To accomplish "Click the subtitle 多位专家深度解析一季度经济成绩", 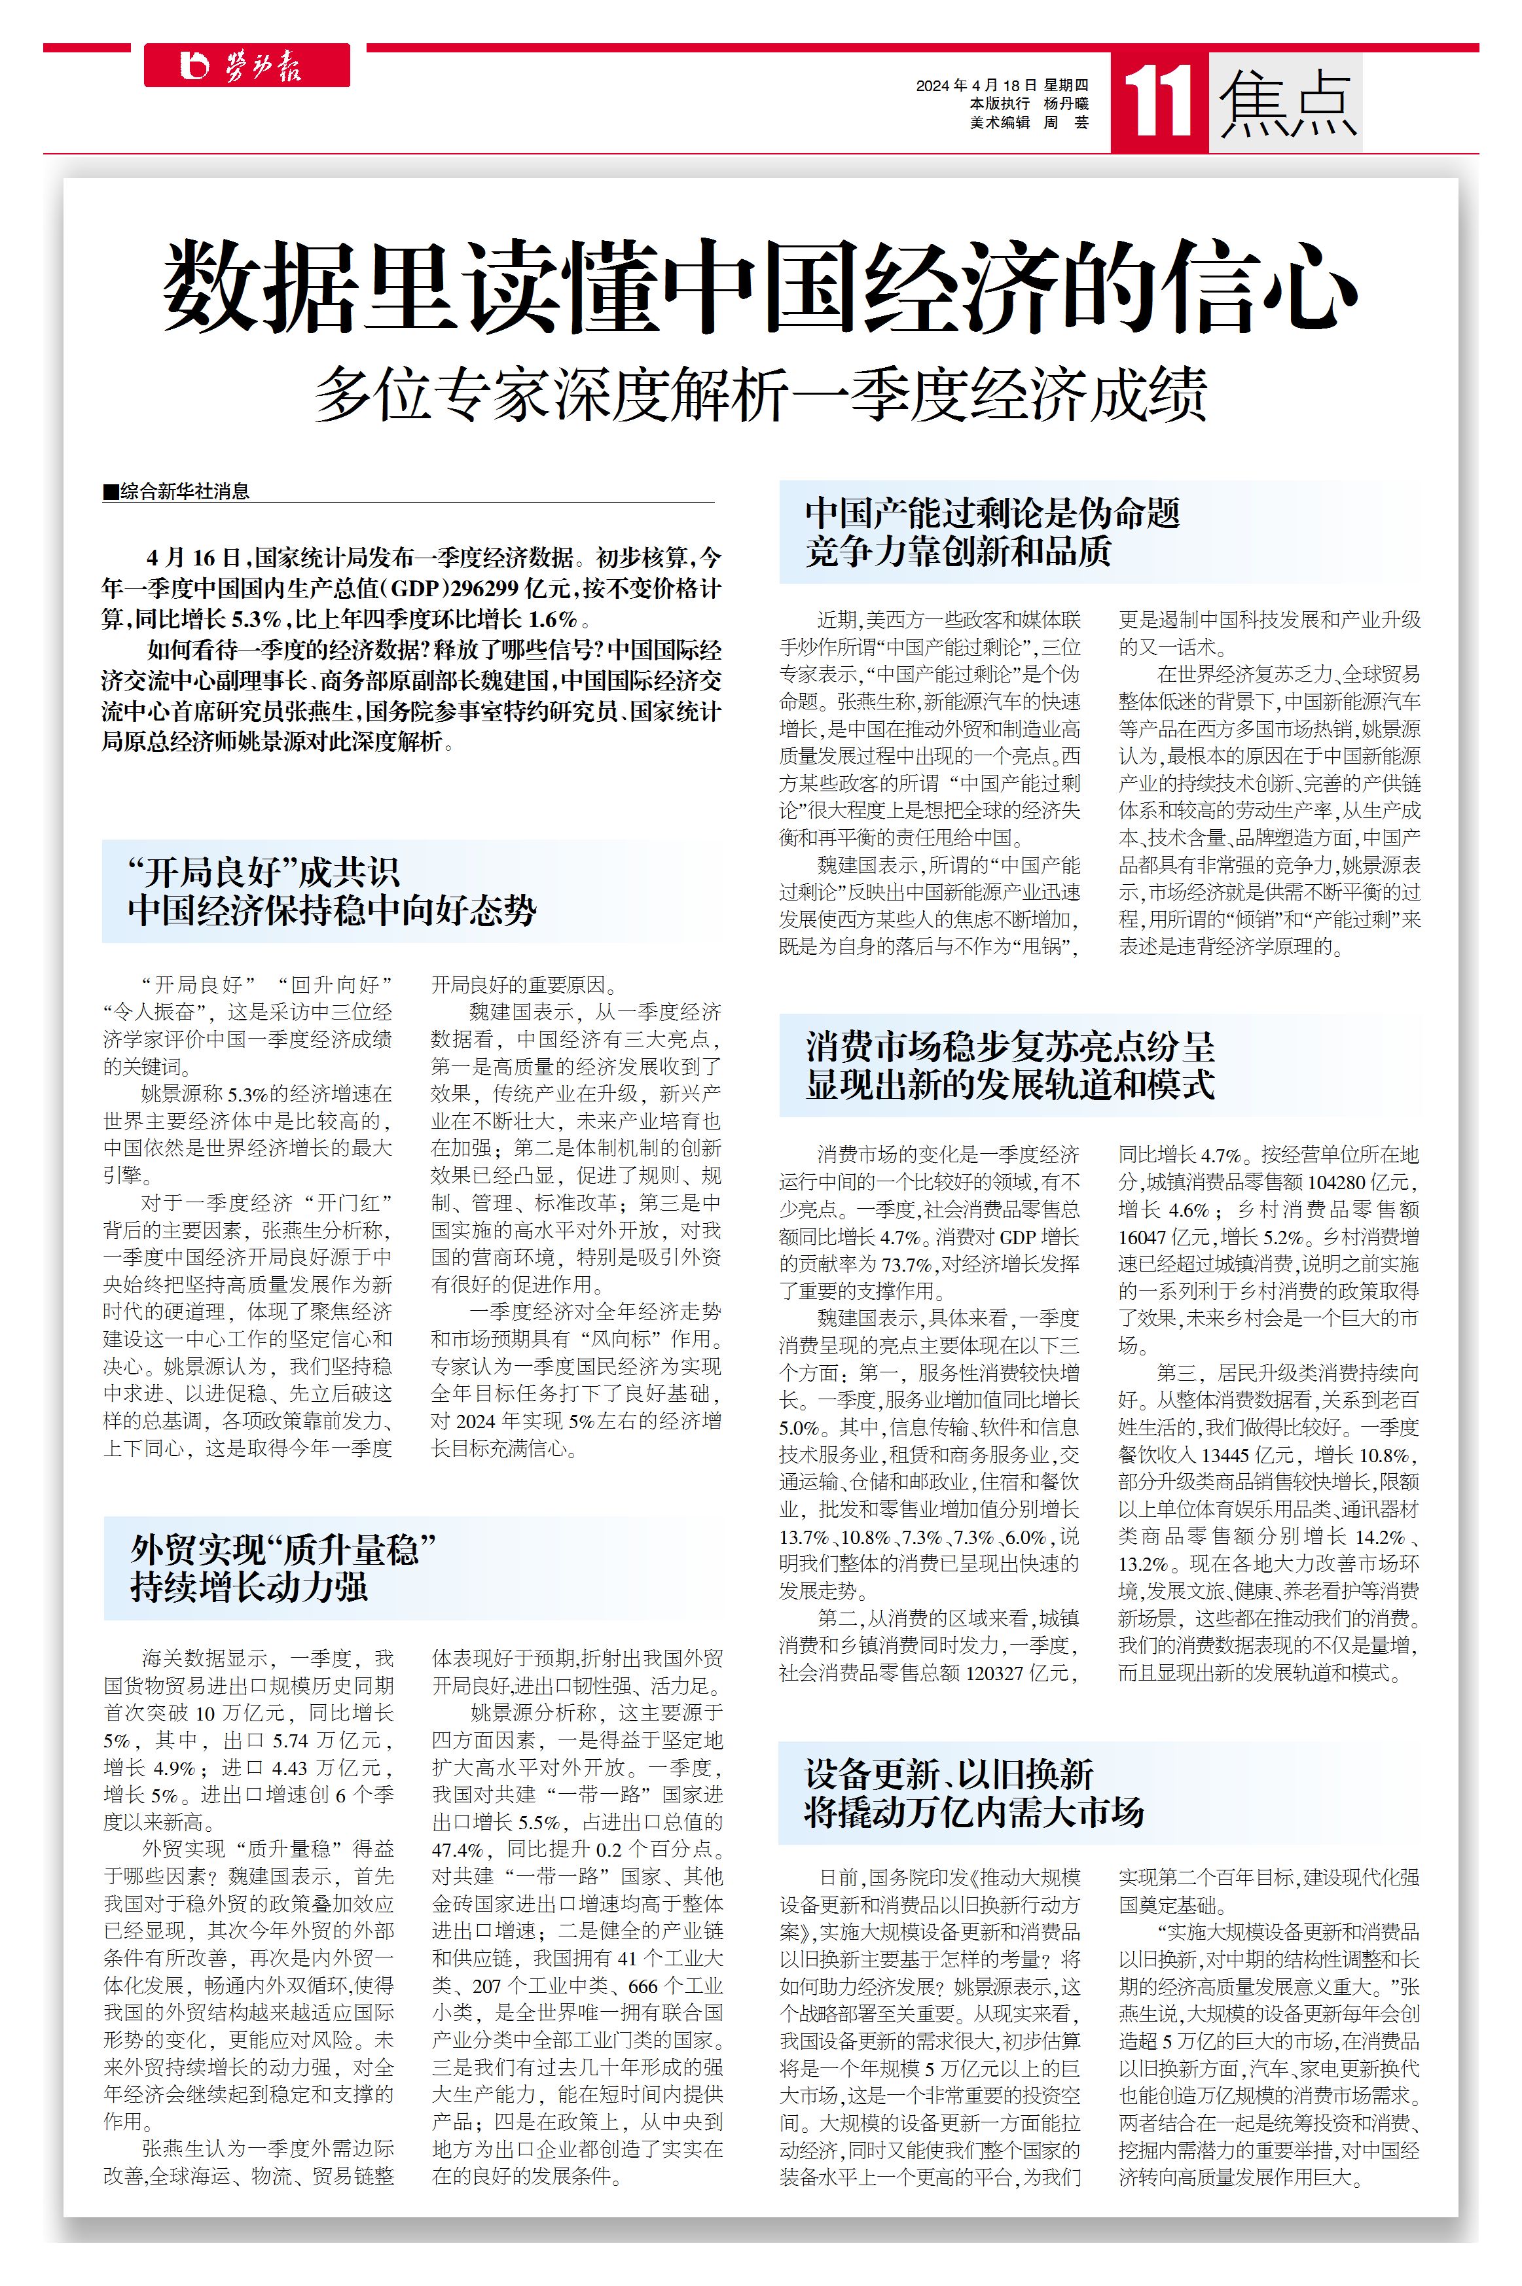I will point(760,394).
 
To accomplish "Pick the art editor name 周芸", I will point(1066,122).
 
